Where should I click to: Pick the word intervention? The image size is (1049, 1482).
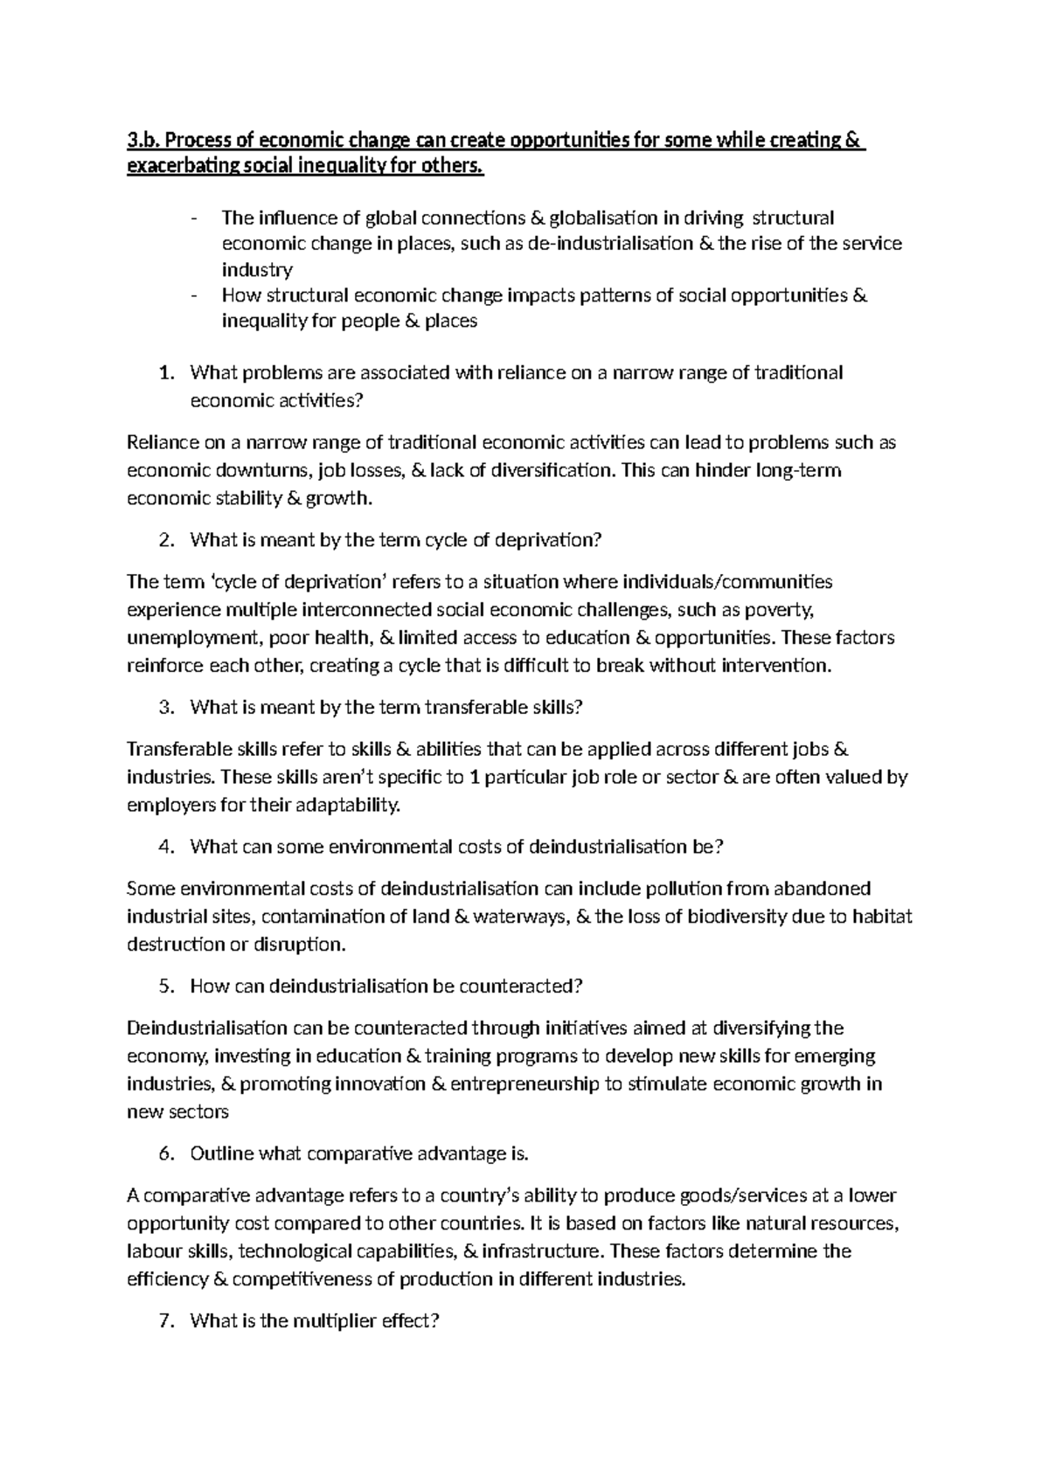(776, 666)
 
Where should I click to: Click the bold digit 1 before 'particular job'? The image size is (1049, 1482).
(475, 778)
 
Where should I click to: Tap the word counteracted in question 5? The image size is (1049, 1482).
(520, 987)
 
